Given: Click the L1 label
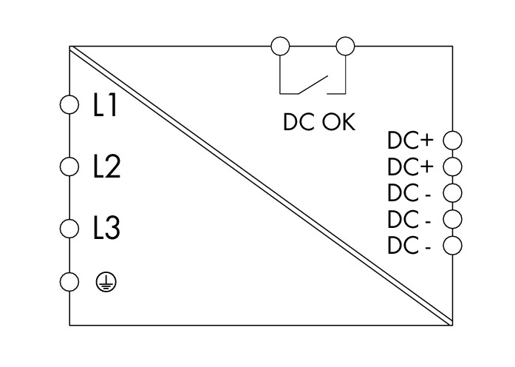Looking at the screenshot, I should point(105,107).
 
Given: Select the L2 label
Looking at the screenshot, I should point(106,167).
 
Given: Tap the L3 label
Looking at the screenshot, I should point(106,228).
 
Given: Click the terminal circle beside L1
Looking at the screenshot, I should point(69,106).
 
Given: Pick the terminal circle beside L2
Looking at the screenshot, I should point(69,166).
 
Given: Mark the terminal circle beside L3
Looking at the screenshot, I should point(69,227).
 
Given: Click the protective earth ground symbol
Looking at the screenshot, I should point(107,281).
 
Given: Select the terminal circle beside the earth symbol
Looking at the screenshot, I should point(69,281).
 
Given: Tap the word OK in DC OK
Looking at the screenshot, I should point(338,122).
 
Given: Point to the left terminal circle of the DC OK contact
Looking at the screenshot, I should point(280,47).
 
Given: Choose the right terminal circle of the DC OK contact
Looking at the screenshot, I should point(345,47).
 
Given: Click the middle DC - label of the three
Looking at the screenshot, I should point(409,220).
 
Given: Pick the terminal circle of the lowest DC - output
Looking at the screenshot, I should point(451,246).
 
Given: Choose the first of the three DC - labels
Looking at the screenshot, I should point(409,193).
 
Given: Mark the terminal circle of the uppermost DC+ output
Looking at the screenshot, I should point(451,139).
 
